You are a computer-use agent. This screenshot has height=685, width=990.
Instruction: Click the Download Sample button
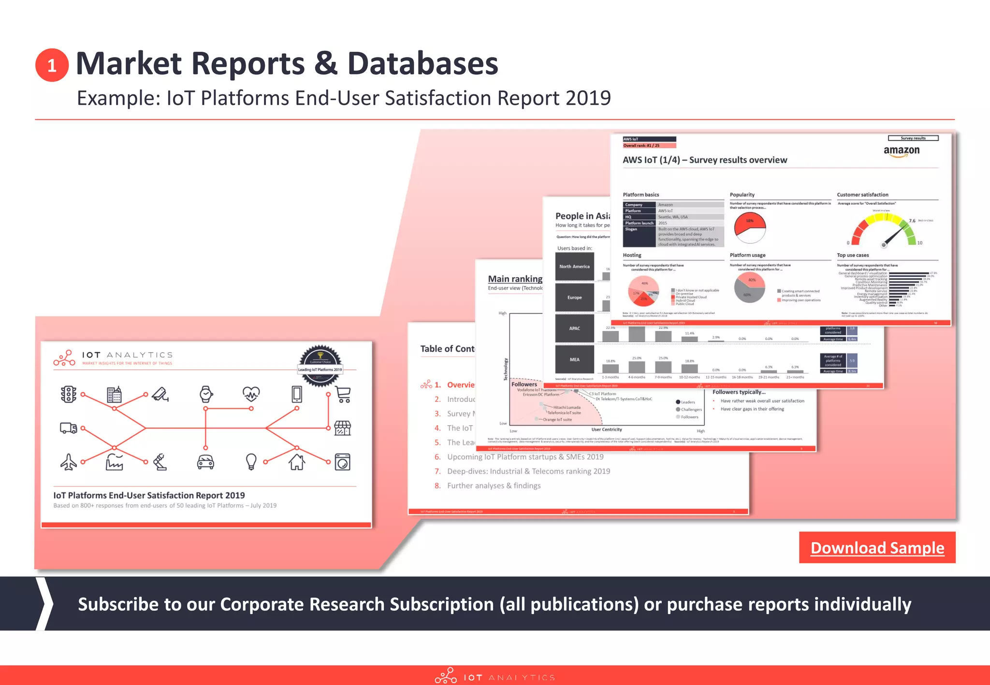point(877,548)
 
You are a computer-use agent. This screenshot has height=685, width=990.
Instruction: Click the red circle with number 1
point(52,65)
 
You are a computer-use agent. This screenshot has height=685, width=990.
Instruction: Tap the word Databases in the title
point(422,64)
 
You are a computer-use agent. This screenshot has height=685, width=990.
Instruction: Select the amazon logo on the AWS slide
point(902,151)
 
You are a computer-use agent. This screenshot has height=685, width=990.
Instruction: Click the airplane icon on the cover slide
point(68,462)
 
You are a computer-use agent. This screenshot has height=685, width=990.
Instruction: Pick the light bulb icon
point(251,462)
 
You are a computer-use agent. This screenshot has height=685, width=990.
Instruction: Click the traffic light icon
point(68,394)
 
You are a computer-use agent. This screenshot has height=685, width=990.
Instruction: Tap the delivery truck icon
point(68,428)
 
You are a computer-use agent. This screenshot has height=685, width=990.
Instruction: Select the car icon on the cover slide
point(205,462)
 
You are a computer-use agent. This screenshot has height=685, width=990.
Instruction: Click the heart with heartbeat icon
point(251,394)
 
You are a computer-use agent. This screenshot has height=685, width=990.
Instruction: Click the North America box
point(574,267)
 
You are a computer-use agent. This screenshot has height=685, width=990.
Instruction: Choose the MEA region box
point(574,359)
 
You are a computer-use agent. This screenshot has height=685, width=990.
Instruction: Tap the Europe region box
point(574,298)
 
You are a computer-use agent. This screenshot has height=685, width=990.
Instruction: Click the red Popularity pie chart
point(750,227)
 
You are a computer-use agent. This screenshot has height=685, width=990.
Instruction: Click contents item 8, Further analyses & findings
point(493,485)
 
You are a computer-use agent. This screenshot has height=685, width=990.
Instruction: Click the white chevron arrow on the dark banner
point(45,604)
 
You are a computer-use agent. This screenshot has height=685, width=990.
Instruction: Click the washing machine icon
point(343,462)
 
